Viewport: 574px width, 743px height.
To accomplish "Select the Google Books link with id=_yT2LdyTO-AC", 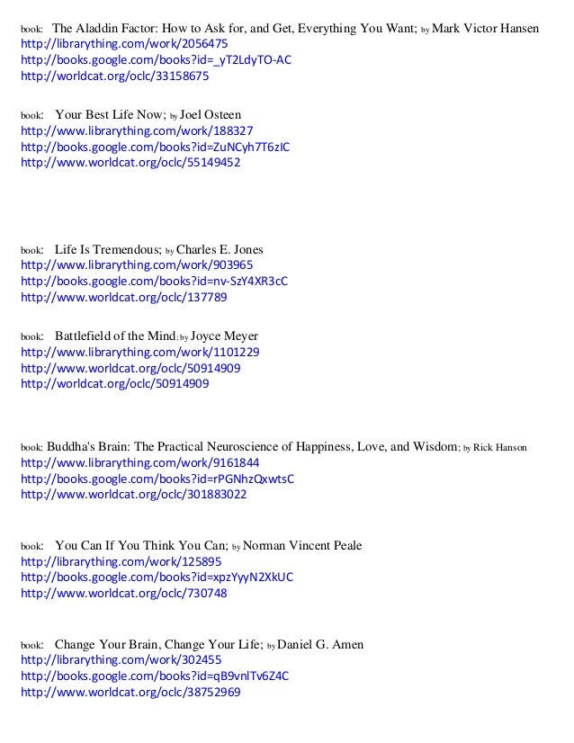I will [x=155, y=60].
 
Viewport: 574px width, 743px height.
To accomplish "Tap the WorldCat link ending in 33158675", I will [x=114, y=76].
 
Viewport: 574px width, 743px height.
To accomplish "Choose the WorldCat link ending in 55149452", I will [x=130, y=164].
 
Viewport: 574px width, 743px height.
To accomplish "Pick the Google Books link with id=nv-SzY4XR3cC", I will [x=154, y=282].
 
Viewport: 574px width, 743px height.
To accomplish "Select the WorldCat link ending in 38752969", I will [x=130, y=693].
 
